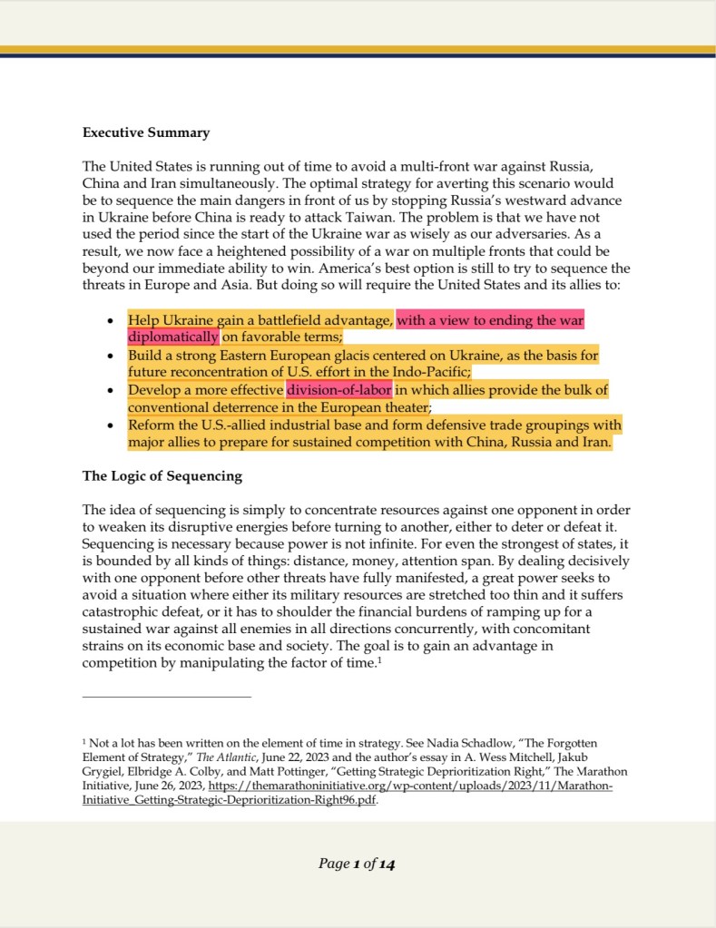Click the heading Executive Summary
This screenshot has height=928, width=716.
(x=146, y=132)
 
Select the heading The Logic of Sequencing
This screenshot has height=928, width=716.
(x=162, y=475)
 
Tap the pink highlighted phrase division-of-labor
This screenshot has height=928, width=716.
(x=339, y=390)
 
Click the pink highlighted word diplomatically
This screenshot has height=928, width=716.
(x=173, y=337)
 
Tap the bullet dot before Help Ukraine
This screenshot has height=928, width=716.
(x=110, y=321)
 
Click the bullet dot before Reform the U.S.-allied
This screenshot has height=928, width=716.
(x=110, y=426)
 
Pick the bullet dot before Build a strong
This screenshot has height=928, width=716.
(x=110, y=356)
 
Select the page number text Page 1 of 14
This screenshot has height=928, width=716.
(x=357, y=864)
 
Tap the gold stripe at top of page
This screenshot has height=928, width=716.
(x=358, y=49)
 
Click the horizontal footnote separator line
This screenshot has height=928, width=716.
(x=166, y=697)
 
